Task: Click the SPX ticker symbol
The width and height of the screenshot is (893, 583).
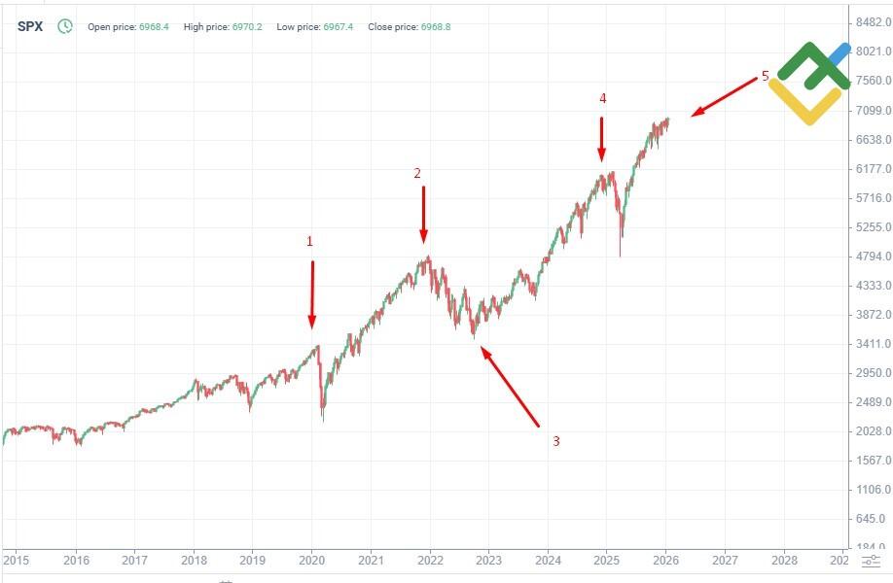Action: click(30, 26)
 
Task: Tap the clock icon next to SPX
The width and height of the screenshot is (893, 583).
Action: click(65, 26)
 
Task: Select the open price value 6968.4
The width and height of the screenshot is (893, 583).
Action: click(153, 27)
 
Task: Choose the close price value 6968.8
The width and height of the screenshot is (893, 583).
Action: click(435, 27)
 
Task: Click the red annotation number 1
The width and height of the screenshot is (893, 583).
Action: click(310, 240)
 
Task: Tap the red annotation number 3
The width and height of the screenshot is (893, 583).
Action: click(555, 441)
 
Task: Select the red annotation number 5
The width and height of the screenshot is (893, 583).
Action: click(765, 76)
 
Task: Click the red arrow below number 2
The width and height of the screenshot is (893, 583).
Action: click(423, 214)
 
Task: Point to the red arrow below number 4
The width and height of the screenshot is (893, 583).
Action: click(602, 138)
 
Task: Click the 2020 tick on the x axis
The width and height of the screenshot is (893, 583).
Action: click(311, 561)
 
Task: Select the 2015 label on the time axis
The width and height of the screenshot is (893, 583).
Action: click(17, 561)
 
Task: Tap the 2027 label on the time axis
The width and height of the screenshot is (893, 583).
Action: click(725, 561)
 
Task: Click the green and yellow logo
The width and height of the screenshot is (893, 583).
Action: click(807, 83)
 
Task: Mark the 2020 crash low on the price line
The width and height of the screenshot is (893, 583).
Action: click(323, 420)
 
